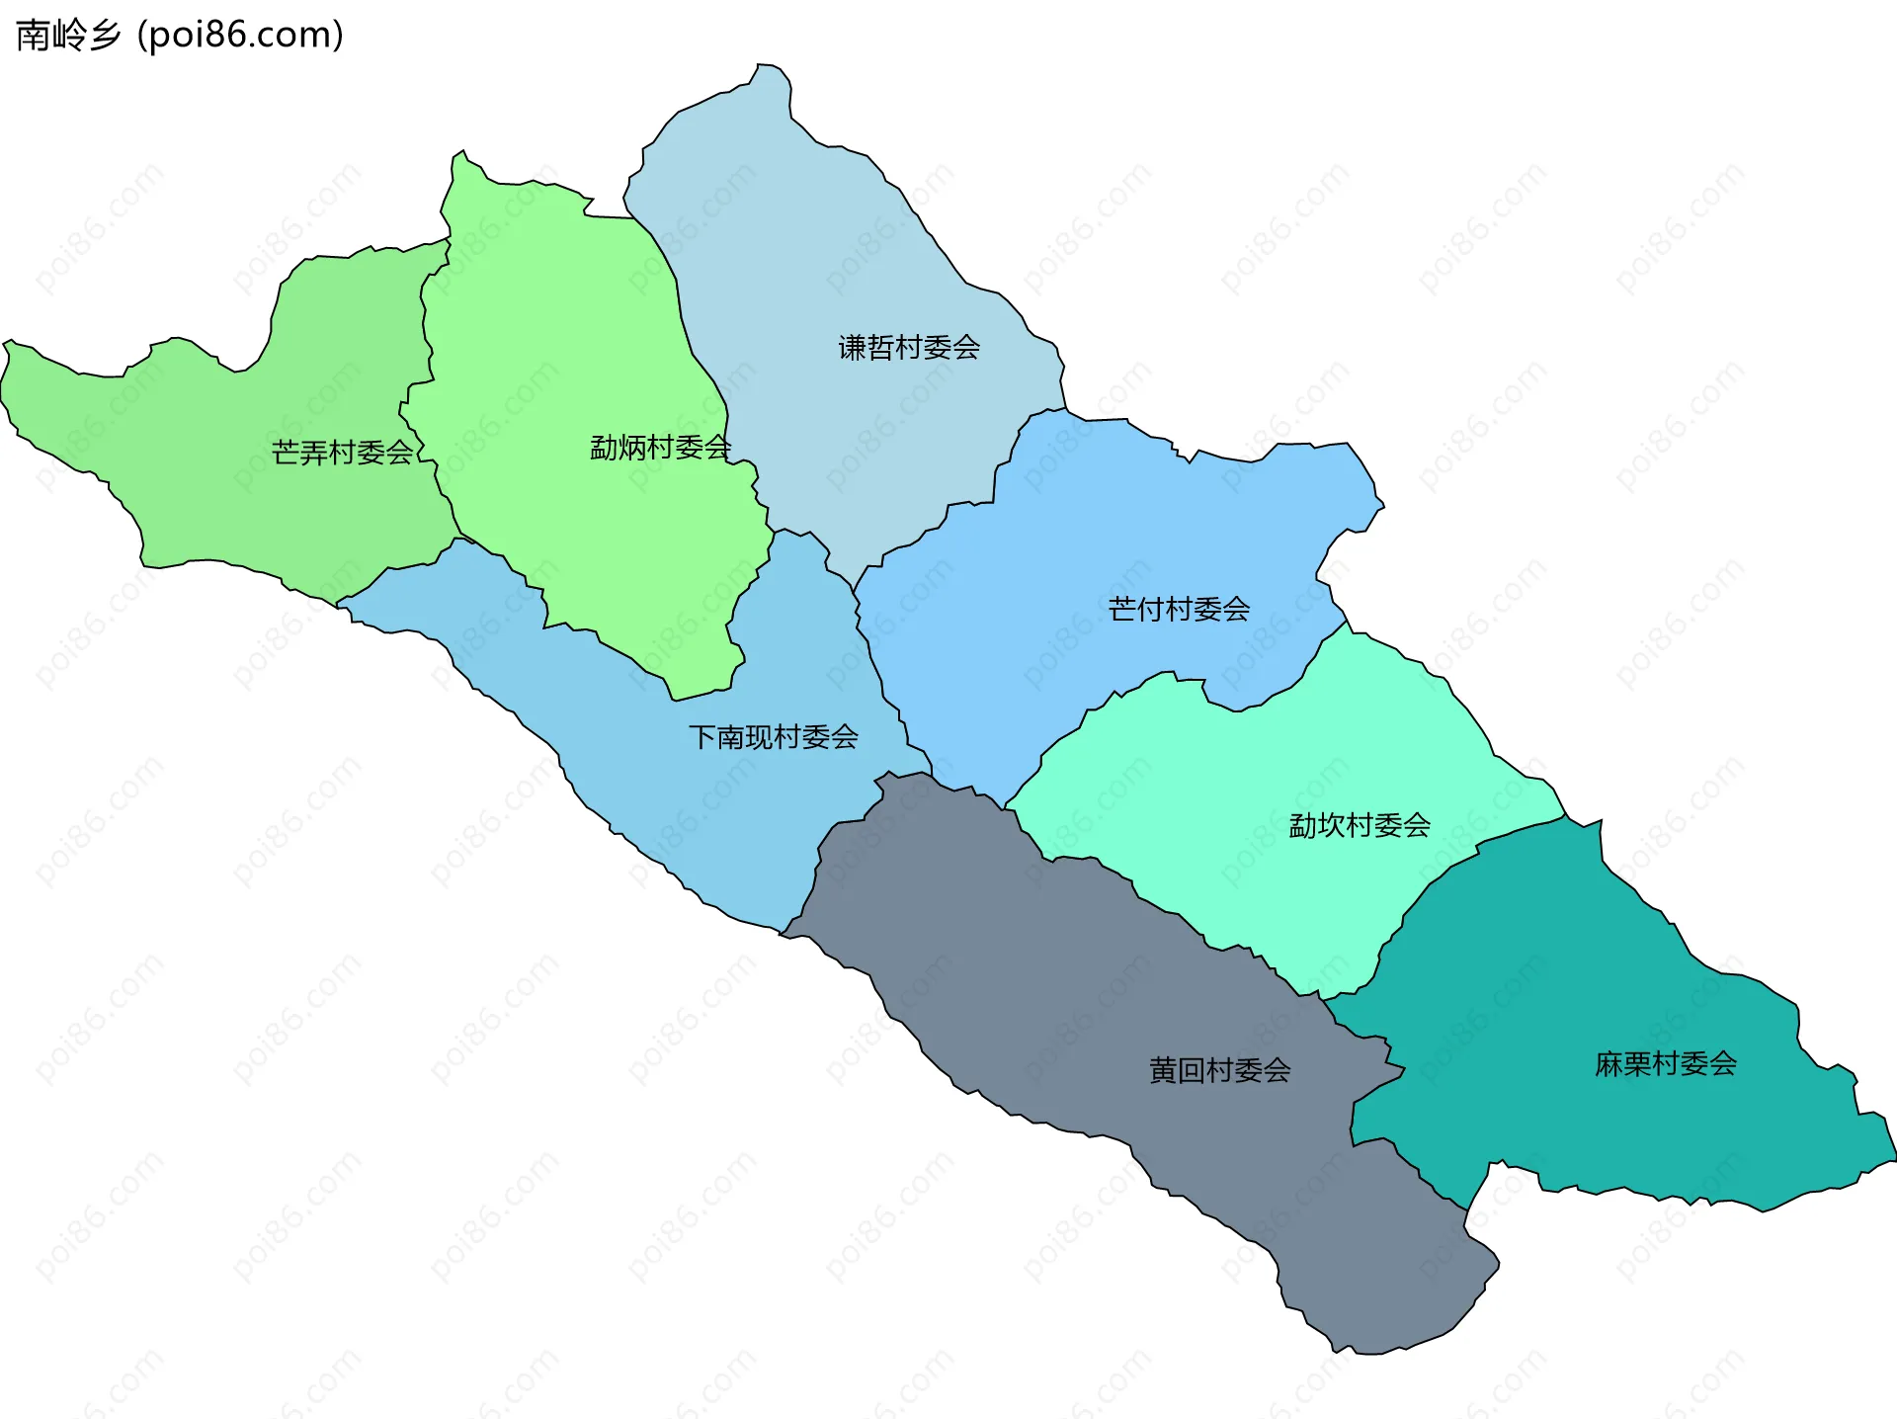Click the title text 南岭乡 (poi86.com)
[x=180, y=36]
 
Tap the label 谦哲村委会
[x=909, y=348]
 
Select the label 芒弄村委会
[x=342, y=453]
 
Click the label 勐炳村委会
[x=660, y=448]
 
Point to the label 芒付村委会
[x=1179, y=609]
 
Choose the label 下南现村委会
[x=774, y=737]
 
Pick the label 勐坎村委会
[x=1360, y=825]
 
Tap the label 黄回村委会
[x=1219, y=1070]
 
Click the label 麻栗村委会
[x=1666, y=1064]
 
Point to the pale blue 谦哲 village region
[x=840, y=247]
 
